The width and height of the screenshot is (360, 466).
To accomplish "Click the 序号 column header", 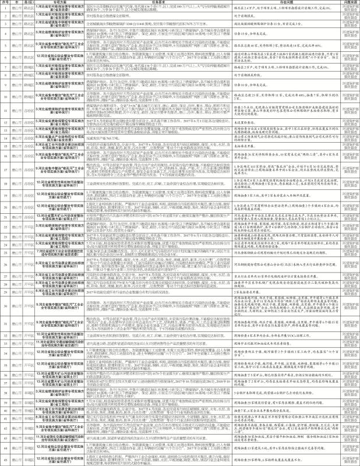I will (6, 3).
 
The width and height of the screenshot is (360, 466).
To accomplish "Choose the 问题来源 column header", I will (347, 3).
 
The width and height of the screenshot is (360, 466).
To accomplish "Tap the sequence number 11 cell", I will (6, 109).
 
